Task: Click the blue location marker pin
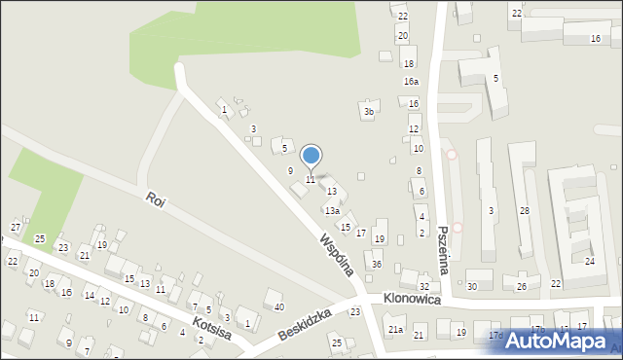click(311, 156)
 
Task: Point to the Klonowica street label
click(412, 300)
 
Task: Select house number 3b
click(369, 112)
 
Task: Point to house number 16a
click(412, 82)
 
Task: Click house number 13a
click(333, 211)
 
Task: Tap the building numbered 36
click(377, 265)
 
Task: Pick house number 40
click(279, 307)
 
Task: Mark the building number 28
click(524, 211)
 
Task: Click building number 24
click(589, 262)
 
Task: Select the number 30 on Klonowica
click(472, 287)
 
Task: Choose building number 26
click(521, 287)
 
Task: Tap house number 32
click(424, 287)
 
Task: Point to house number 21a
click(396, 330)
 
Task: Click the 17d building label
click(495, 336)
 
